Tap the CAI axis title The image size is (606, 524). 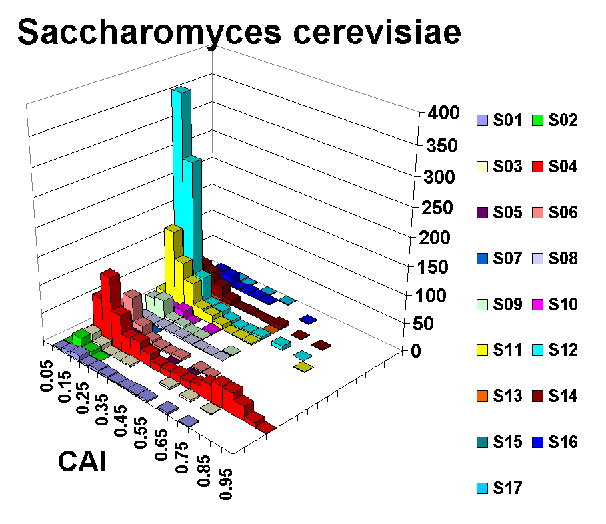[83, 461]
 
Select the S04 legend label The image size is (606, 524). [563, 167]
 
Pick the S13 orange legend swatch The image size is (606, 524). [482, 397]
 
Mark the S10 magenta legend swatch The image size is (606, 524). [537, 304]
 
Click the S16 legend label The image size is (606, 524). [563, 442]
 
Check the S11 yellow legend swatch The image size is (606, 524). [482, 350]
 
